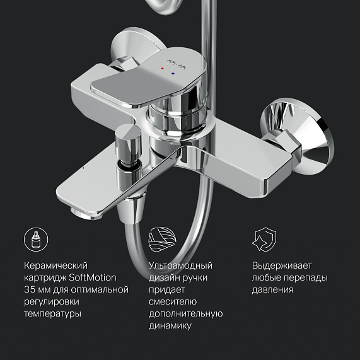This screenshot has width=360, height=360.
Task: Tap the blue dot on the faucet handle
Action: (173, 74)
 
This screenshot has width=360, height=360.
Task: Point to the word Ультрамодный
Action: (180, 265)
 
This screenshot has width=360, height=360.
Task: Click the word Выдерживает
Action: (281, 265)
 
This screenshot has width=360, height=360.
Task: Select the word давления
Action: (272, 289)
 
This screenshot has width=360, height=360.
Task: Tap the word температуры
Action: (54, 313)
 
